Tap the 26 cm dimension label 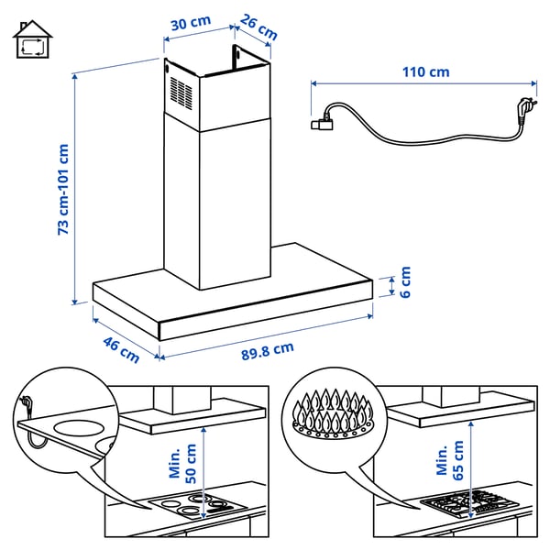[x=259, y=27]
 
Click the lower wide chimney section [x=217, y=202]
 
